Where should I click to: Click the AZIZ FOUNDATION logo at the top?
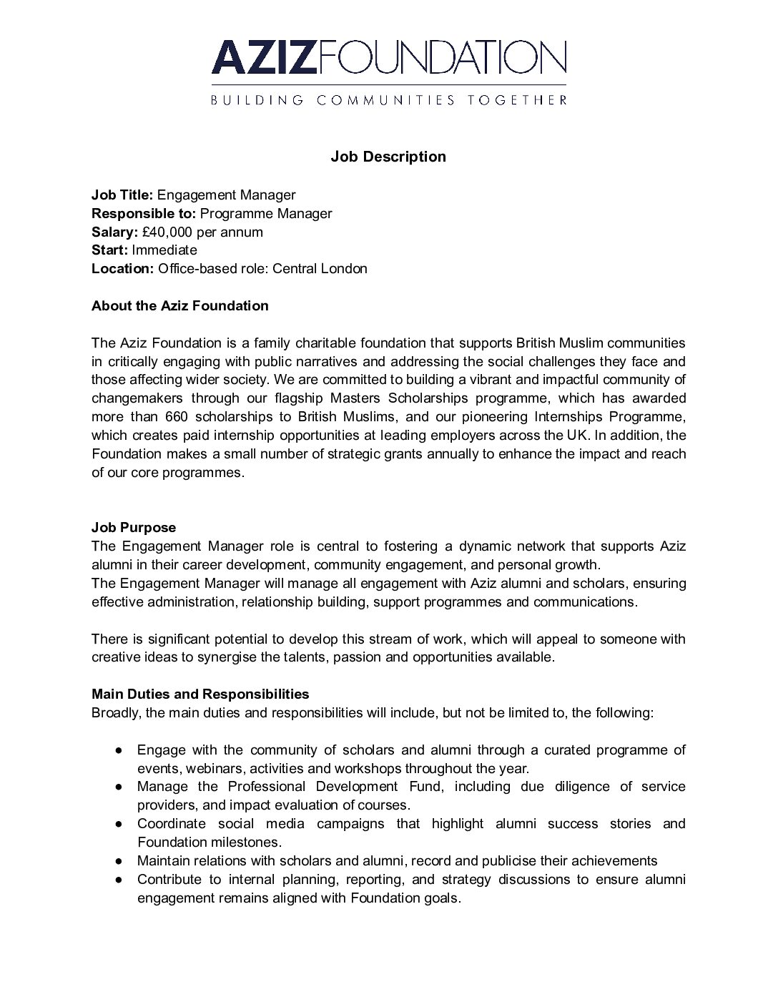388,57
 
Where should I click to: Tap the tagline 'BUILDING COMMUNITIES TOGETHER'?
388,100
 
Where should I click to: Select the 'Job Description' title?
388,157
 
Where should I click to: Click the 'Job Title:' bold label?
122,195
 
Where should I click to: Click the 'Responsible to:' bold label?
144,213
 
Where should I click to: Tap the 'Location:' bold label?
122,269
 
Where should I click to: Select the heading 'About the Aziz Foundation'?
180,306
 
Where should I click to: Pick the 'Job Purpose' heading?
134,528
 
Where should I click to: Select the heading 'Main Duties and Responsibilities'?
200,694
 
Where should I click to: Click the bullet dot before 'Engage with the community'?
120,750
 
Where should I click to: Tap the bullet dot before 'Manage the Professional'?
120,787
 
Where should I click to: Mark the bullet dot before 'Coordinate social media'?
120,824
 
